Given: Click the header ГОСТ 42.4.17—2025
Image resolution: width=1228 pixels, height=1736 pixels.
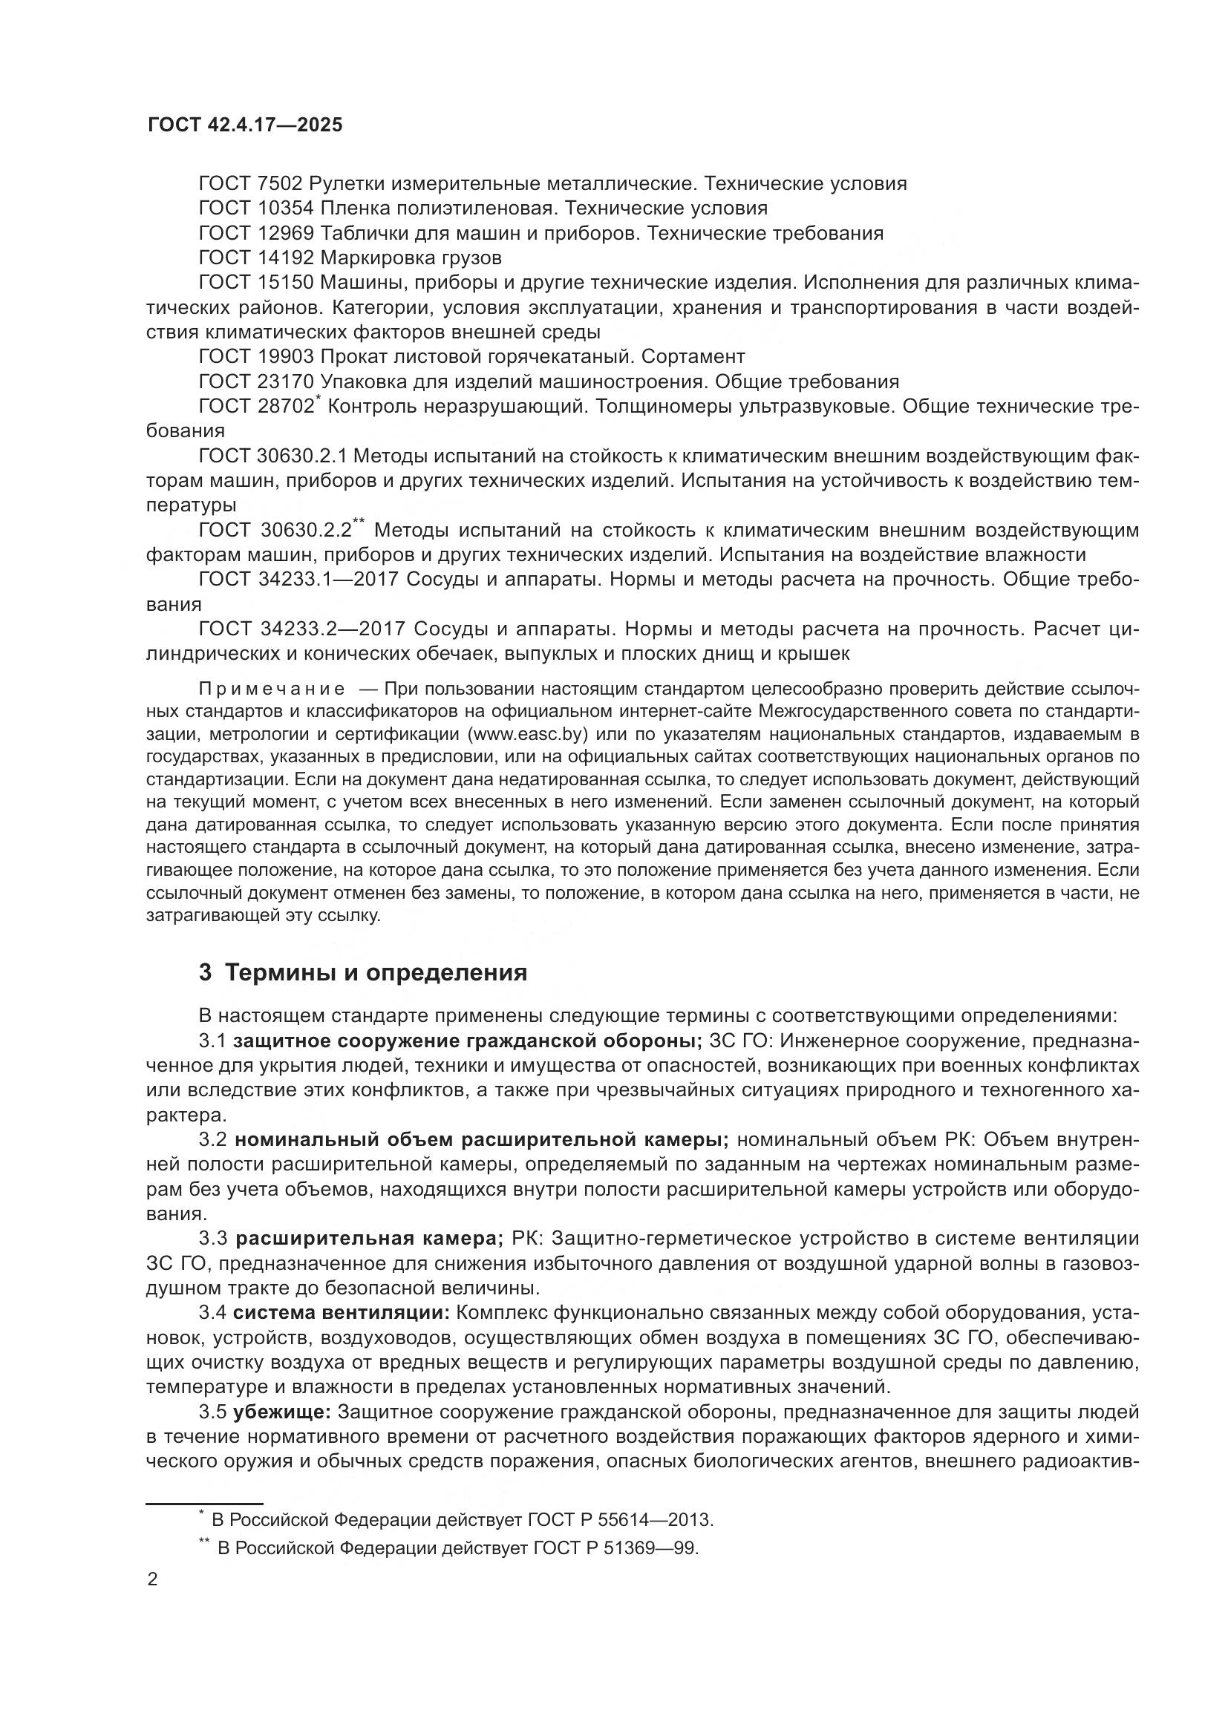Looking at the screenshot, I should point(245,125).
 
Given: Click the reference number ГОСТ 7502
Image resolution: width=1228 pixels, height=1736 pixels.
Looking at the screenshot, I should point(250,184).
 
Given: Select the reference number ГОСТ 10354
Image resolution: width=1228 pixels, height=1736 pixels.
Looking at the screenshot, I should point(255,208).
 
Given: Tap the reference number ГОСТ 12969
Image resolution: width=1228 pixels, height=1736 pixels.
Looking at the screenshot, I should point(255,233).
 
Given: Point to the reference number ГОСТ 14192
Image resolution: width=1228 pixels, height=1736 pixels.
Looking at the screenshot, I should point(255,258).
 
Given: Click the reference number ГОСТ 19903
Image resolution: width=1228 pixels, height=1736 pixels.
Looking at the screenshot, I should point(255,356).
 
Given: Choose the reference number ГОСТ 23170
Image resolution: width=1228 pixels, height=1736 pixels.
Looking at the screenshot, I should point(255,381).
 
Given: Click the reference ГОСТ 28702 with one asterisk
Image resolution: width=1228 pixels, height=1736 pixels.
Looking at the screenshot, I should point(257,407).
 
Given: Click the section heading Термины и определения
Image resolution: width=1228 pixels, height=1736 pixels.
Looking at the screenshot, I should point(376,972).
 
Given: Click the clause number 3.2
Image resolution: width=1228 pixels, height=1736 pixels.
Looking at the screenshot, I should point(212,1140).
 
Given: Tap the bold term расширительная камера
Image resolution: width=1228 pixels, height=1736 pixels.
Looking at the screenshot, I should point(369,1239).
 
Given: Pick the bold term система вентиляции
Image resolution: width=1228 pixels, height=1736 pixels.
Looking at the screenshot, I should point(342,1311).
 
